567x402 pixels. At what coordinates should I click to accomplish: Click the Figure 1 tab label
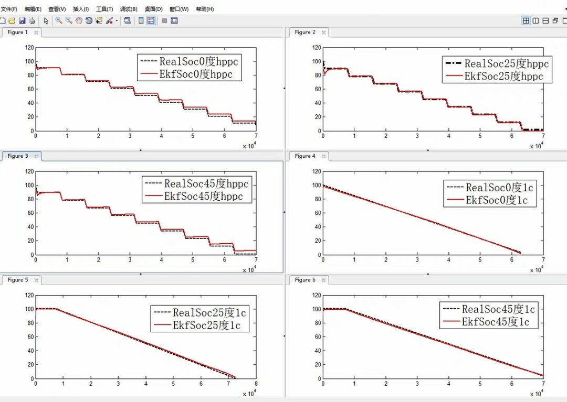(x=17, y=32)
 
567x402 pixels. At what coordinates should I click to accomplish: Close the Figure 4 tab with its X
(x=323, y=156)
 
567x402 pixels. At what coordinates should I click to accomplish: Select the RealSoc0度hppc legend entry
(x=199, y=61)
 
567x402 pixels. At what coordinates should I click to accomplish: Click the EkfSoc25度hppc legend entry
(x=503, y=76)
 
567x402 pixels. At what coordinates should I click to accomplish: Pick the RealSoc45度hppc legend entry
(x=206, y=183)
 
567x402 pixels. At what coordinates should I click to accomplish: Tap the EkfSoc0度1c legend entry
(x=497, y=200)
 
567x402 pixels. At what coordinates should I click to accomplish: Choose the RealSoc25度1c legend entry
(x=209, y=312)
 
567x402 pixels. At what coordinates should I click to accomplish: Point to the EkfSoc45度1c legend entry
(x=496, y=322)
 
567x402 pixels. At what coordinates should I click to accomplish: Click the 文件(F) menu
(x=9, y=9)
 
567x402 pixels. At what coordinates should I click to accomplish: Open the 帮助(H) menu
(x=205, y=9)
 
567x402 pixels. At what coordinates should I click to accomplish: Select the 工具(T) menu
(x=104, y=9)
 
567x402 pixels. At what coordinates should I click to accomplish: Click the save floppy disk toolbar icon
(x=22, y=20)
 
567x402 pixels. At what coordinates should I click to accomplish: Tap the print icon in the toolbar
(x=32, y=20)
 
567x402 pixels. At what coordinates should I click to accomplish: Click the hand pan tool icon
(x=79, y=20)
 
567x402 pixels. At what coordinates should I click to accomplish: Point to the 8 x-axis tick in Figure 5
(x=256, y=384)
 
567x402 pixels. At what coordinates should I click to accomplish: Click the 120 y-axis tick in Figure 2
(x=317, y=48)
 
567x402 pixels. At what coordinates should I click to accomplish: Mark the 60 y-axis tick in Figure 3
(x=30, y=213)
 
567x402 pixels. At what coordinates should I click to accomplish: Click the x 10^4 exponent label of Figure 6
(x=537, y=393)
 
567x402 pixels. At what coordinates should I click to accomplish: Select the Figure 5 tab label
(x=17, y=280)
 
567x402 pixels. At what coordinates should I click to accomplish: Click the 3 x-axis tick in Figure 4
(x=417, y=260)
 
